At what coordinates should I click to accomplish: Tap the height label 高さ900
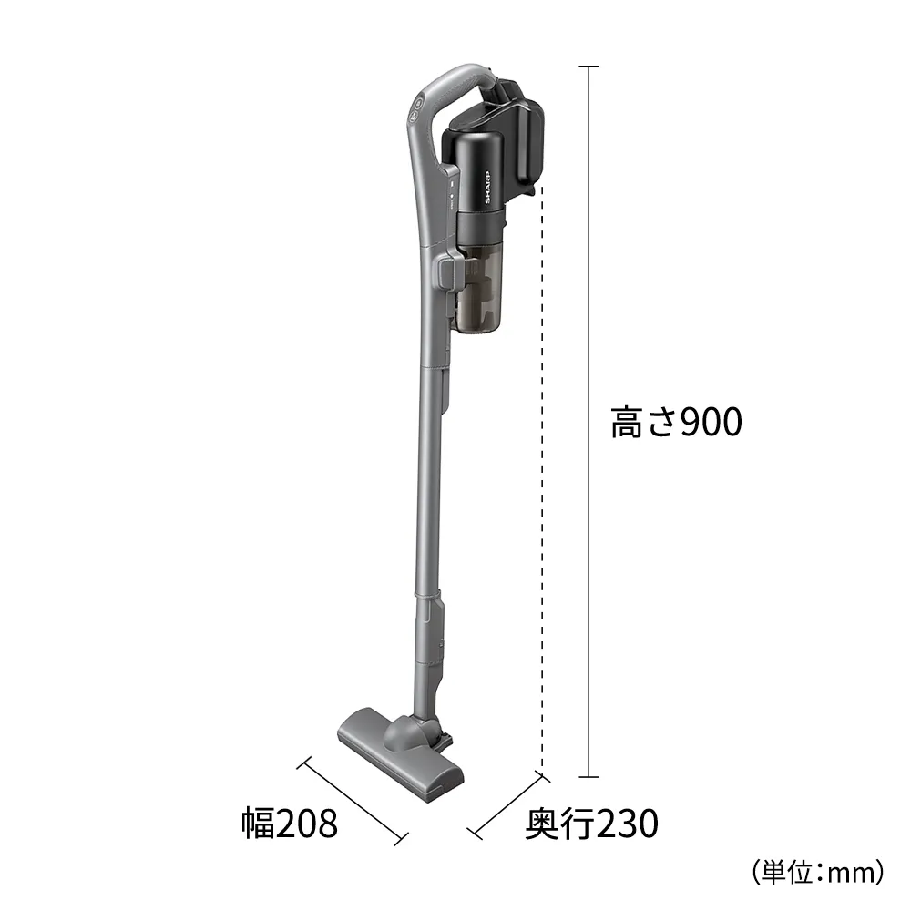point(676,423)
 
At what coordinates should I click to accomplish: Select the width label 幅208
point(290,825)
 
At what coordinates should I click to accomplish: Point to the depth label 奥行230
point(590,825)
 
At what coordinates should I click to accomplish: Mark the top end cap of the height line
point(589,67)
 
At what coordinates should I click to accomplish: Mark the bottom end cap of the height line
point(589,777)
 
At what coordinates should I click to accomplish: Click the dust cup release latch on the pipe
point(448,271)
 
